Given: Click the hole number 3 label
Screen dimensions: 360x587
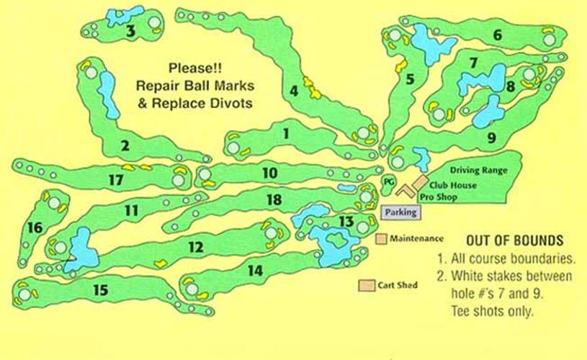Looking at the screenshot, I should click(x=130, y=31).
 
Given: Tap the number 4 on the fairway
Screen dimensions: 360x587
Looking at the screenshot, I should click(x=294, y=91).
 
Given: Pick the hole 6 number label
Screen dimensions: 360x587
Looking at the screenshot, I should click(x=498, y=35).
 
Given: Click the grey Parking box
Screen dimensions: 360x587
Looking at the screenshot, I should click(x=400, y=212).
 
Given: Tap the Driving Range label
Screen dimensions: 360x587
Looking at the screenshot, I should click(x=479, y=170).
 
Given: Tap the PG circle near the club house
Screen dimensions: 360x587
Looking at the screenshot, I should click(x=388, y=181).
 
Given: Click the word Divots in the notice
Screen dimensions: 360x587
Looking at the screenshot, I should click(x=234, y=103).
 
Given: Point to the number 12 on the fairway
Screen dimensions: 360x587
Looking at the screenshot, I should click(x=196, y=246).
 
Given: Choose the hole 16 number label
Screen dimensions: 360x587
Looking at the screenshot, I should click(x=35, y=228).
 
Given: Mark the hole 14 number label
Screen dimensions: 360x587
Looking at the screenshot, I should click(x=255, y=271).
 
